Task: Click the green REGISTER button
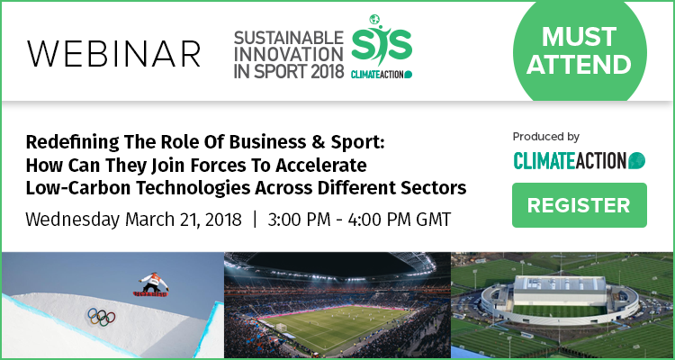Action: click(579, 205)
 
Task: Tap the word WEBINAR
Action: click(113, 54)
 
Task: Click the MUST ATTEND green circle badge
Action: click(580, 49)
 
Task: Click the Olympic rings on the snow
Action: click(102, 317)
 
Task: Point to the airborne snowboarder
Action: click(151, 285)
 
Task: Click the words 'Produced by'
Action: click(546, 138)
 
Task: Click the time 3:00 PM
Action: click(298, 220)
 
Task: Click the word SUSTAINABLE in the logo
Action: click(289, 38)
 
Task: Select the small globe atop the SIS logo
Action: click(374, 20)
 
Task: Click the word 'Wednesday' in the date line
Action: click(72, 220)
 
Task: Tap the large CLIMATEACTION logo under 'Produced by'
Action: click(579, 160)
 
